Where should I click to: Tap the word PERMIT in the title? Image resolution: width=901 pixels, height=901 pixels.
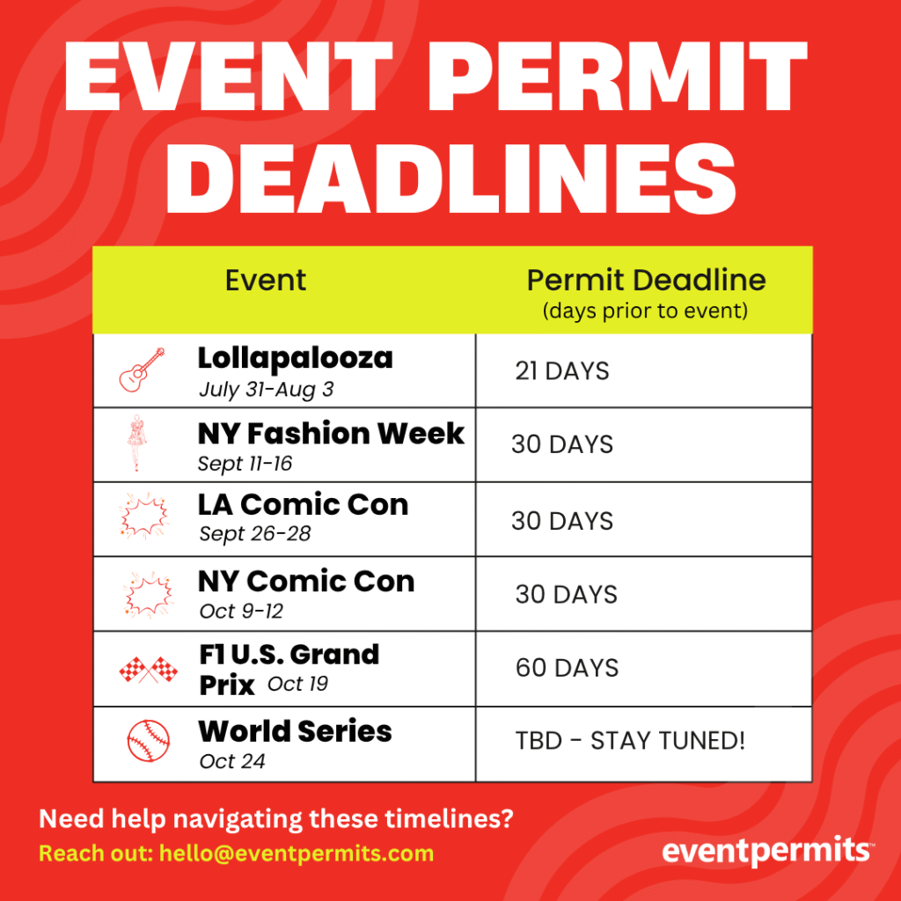pos(618,77)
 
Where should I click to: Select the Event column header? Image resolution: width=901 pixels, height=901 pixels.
pos(266,281)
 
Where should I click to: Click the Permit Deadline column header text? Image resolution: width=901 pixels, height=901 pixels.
pos(647,281)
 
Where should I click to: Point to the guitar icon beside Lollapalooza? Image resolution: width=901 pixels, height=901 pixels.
pos(142,370)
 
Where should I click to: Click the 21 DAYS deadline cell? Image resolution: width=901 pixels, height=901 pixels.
pos(562,371)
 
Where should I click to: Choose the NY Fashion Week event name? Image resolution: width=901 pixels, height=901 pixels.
pos(331,433)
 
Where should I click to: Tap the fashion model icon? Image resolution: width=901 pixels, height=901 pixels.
pos(136,443)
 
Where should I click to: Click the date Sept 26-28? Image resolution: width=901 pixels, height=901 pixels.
pos(254,534)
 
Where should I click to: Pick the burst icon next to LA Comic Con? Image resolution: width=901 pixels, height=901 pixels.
pos(143,516)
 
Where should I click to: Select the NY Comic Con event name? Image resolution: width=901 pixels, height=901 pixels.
pos(306,581)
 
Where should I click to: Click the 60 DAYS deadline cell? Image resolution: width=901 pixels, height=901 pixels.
pos(568,668)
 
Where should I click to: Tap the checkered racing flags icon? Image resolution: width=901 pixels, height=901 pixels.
pos(148,670)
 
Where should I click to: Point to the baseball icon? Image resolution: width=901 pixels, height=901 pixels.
pos(148,741)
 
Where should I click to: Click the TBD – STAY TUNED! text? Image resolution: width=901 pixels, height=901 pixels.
pos(630,741)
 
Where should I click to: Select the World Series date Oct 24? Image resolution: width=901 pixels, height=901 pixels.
pos(232,761)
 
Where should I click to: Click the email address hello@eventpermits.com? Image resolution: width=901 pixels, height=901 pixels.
pos(297,853)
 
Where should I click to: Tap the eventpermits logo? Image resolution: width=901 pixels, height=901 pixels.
pos(768,852)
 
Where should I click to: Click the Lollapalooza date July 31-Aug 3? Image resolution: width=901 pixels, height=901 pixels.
pos(266,390)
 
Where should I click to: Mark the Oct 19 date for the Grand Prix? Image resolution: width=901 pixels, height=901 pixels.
pos(297,684)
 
